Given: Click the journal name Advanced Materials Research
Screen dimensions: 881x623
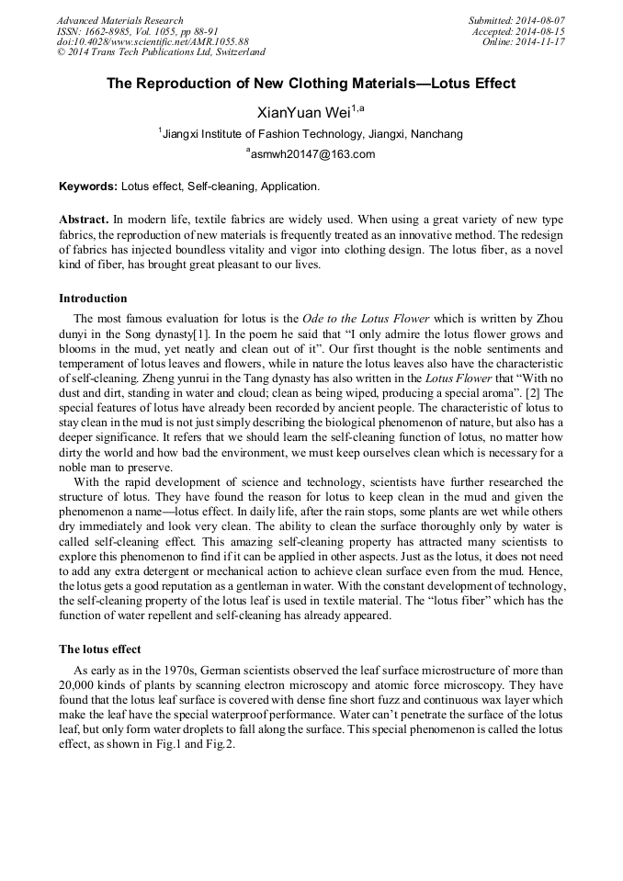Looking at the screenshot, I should point(119,20).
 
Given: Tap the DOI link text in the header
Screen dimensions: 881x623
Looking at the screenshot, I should point(153,42).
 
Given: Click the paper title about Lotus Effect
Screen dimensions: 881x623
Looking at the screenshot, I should point(311,84).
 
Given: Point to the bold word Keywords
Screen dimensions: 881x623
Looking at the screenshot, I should point(88,186).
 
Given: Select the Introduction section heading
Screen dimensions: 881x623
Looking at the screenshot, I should point(93,299).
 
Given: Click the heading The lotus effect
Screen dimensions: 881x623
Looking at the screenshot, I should point(99,649).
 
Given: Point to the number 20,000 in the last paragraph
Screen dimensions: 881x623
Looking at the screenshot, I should point(78,685).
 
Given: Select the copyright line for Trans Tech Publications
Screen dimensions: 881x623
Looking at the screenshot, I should point(161,53).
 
